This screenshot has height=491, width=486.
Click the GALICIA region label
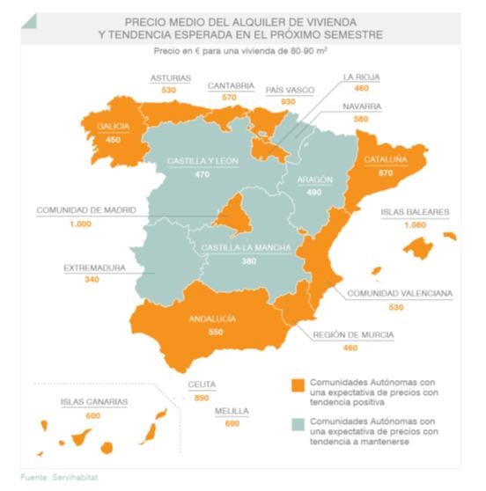114,126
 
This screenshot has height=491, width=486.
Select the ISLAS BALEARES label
415,212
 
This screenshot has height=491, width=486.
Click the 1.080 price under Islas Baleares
414,227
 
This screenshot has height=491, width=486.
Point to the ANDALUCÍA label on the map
213,319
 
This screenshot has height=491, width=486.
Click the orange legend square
298,385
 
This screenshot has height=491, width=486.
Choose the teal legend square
298,423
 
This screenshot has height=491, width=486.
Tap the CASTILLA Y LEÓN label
202,161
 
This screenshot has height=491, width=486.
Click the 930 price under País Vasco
287,103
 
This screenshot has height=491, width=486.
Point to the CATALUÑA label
385,159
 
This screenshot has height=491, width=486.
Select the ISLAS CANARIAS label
93,402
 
